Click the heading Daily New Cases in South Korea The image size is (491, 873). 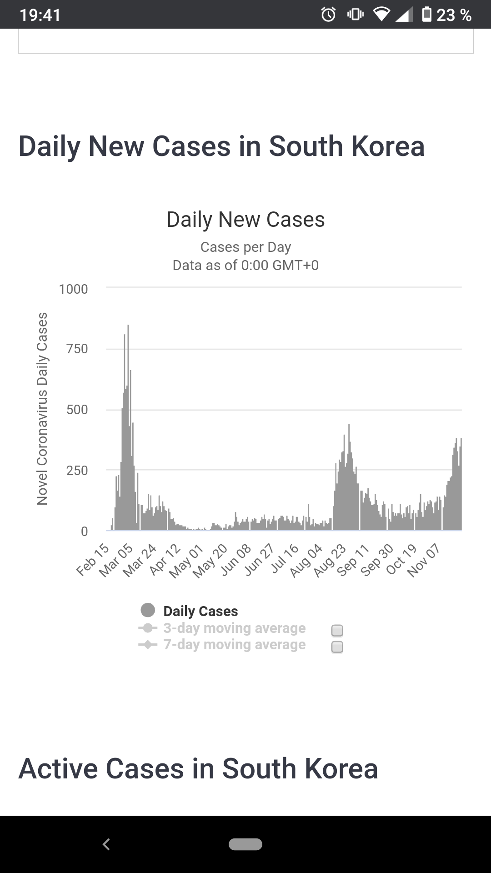pyautogui.click(x=221, y=146)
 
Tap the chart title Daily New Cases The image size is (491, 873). pyautogui.click(x=245, y=220)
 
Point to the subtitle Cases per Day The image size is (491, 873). pyautogui.click(x=245, y=247)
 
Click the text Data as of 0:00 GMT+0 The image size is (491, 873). pyautogui.click(x=245, y=265)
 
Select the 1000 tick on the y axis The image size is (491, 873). pyautogui.click(x=73, y=289)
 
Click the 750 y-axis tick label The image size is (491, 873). pyautogui.click(x=77, y=349)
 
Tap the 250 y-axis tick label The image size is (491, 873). pyautogui.click(x=77, y=470)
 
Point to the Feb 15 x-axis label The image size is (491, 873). pyautogui.click(x=93, y=560)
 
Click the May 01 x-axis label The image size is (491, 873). pyautogui.click(x=186, y=562)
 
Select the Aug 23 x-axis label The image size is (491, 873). pyautogui.click(x=330, y=561)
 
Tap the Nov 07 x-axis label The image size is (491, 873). pyautogui.click(x=424, y=561)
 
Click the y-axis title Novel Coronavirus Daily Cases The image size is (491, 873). pyautogui.click(x=42, y=408)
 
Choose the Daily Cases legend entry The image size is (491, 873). pyautogui.click(x=200, y=611)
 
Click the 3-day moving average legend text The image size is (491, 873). pyautogui.click(x=234, y=628)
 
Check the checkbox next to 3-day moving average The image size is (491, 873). pyautogui.click(x=337, y=631)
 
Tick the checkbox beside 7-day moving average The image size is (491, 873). pyautogui.click(x=337, y=647)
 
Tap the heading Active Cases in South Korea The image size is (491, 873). pyautogui.click(x=198, y=769)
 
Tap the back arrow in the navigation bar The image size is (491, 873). pyautogui.click(x=106, y=844)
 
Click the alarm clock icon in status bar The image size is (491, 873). pyautogui.click(x=328, y=15)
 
